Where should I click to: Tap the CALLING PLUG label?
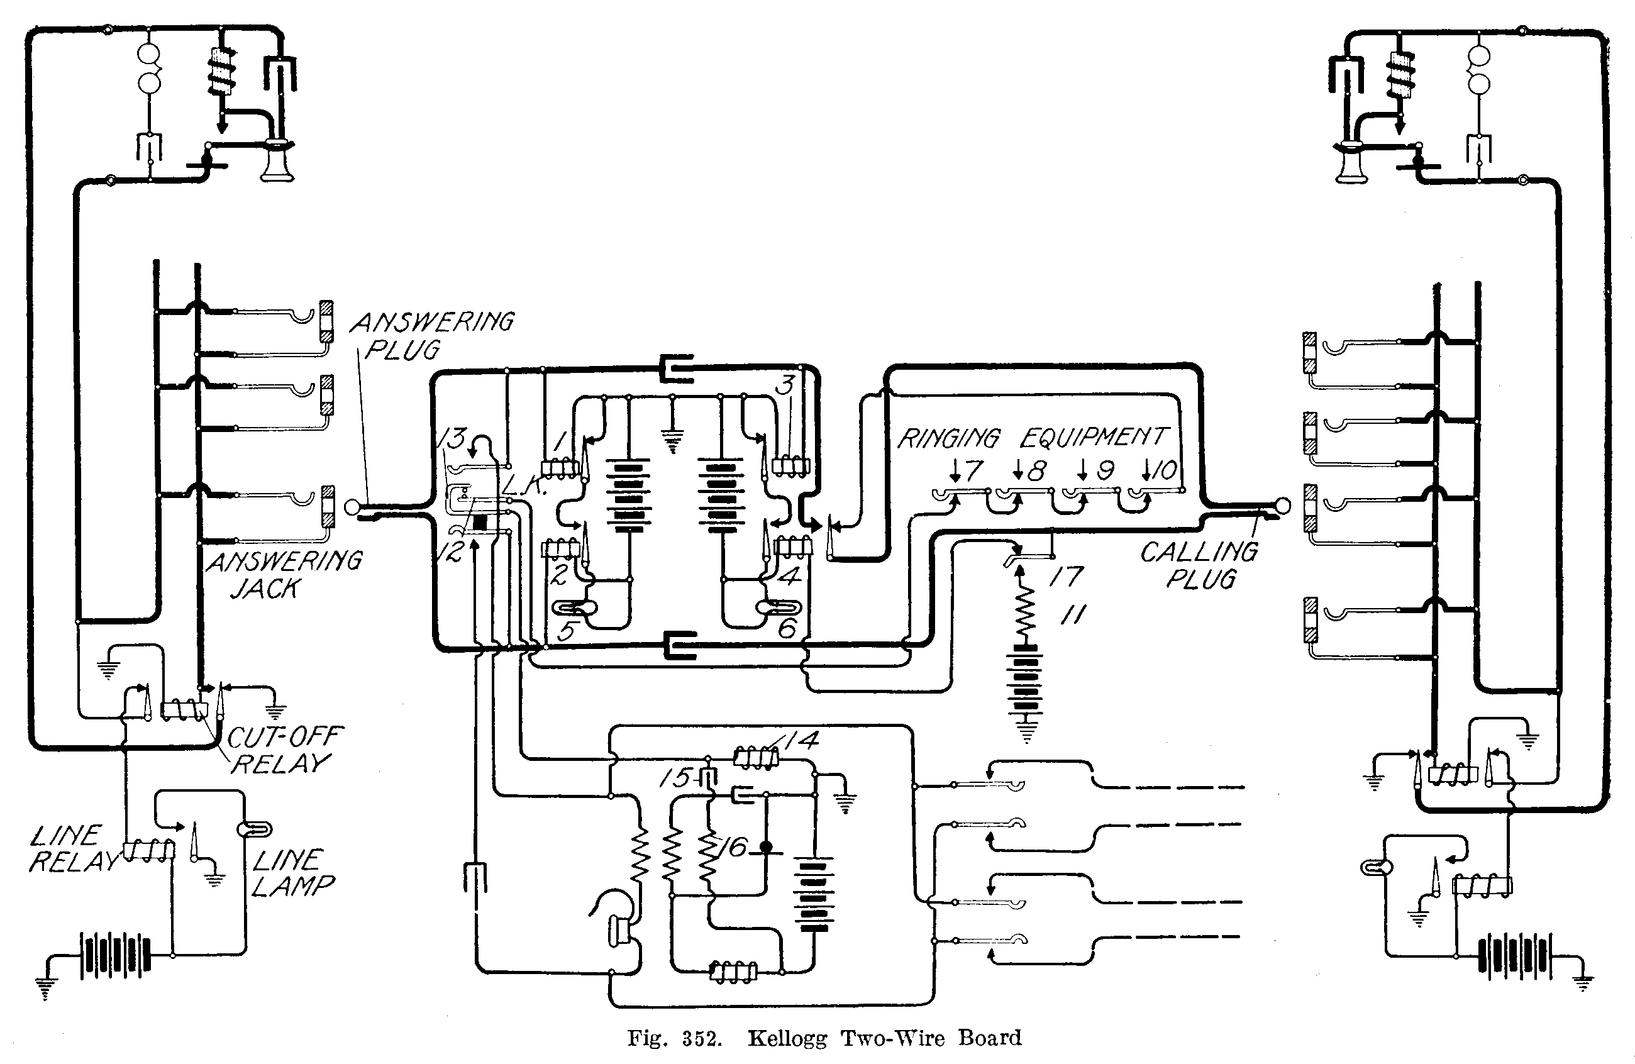tap(1199, 565)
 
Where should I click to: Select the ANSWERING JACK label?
tap(283, 574)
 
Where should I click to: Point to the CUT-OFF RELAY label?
tap(283, 750)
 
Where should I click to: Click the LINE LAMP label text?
tap(292, 872)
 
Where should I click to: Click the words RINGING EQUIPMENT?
tap(1032, 438)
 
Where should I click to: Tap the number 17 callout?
tap(1065, 575)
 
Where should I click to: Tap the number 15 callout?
tap(675, 778)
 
